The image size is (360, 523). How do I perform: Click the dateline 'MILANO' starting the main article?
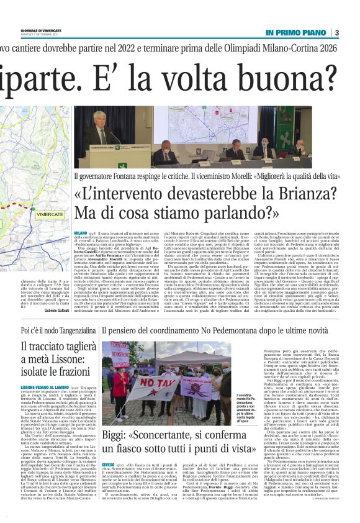point(80,232)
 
